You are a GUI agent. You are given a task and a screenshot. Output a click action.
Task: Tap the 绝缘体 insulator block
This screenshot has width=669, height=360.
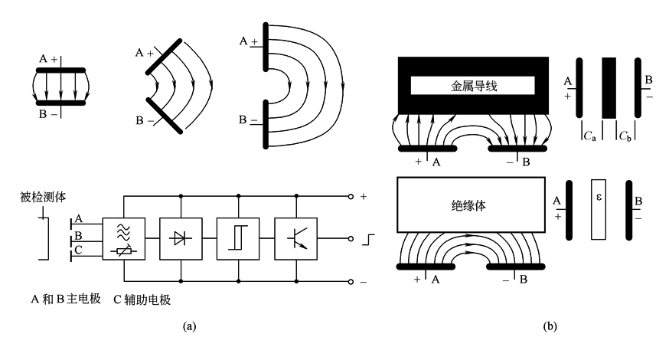(x=471, y=205)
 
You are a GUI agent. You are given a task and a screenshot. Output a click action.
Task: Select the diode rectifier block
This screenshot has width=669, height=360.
(x=181, y=238)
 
